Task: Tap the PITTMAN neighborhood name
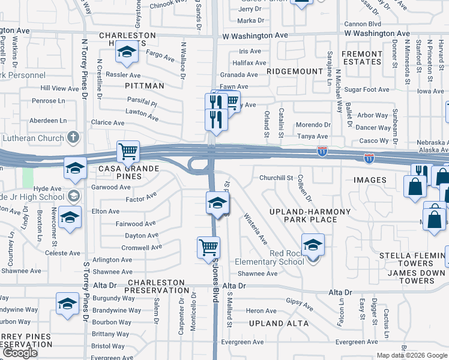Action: pos(145,86)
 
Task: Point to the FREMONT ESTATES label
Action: pos(362,58)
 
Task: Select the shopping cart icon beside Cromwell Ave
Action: pos(208,247)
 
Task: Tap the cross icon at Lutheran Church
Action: pos(73,138)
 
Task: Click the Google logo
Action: pos(20,353)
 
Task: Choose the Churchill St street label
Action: pos(276,178)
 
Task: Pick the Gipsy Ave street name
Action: pos(300,305)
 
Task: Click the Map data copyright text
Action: pos(412,355)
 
